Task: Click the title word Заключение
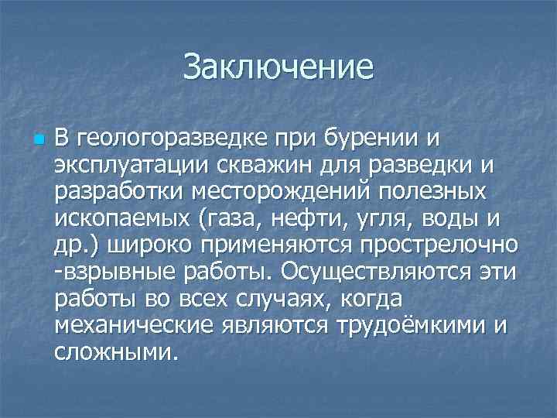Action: pos(278,67)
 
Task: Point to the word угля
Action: pos(383,219)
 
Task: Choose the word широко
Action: pos(155,245)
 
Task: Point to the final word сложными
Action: pos(115,351)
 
